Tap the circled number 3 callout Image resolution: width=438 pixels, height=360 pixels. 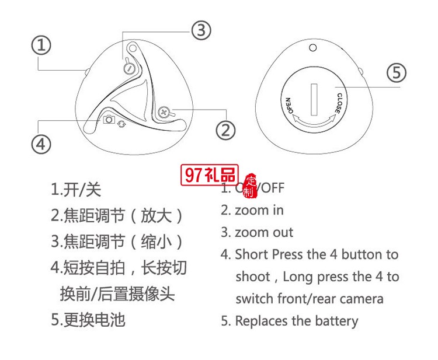tap(201, 30)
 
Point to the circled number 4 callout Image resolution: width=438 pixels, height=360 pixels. tap(40, 144)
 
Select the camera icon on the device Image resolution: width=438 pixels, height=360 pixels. tap(109, 120)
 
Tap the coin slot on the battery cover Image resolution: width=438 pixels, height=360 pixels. tap(313, 97)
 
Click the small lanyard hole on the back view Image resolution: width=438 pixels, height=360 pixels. tap(313, 48)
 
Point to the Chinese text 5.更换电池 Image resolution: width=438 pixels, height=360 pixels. tap(88, 320)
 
